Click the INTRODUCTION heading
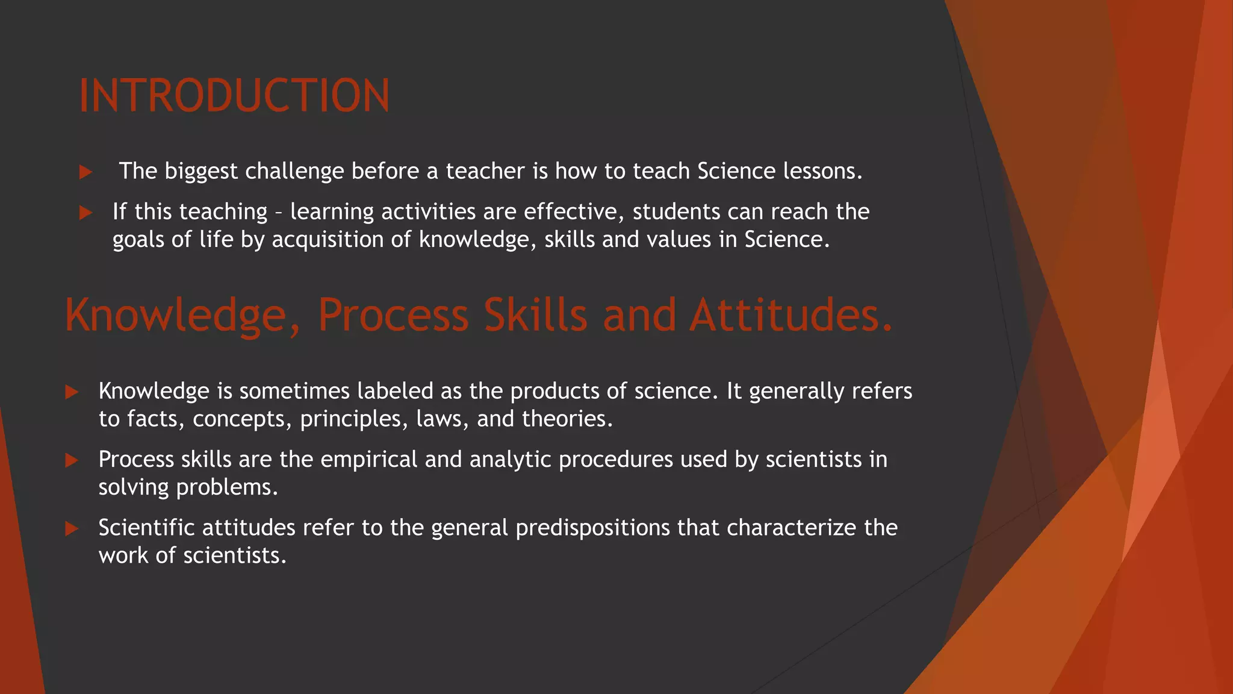[234, 96]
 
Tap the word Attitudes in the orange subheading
[790, 315]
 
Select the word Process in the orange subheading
[393, 315]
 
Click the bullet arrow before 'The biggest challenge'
[85, 172]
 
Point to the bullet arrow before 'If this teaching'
[85, 213]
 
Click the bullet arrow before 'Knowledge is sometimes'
[72, 392]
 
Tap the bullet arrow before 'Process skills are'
[72, 460]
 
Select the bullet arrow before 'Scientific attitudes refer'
[72, 528]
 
